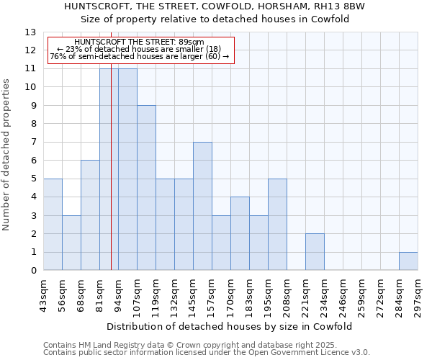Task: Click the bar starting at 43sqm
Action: point(53,225)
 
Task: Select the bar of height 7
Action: point(202,206)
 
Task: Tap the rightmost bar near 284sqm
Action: point(408,261)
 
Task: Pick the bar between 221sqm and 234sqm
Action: point(315,252)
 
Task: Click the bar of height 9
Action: point(146,188)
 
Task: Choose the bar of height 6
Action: point(90,215)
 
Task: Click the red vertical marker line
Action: point(112,166)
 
